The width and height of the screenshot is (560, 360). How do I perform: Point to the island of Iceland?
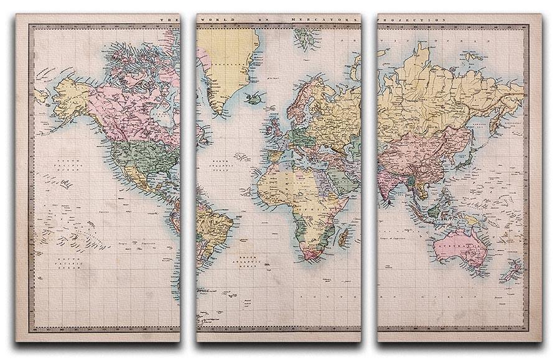254,98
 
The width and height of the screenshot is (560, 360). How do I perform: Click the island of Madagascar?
342,237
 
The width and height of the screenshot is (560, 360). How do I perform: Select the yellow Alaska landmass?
72,99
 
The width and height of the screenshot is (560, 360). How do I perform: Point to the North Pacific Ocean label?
68,165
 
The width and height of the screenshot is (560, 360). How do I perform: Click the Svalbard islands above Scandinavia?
306,39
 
